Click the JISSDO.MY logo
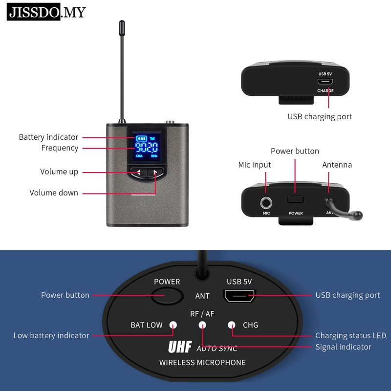46,12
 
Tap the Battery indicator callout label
48,137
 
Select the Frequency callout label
60,148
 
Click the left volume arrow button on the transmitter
138,172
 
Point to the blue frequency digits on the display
146,148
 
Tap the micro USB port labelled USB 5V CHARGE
325,82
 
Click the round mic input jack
266,200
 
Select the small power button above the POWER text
296,199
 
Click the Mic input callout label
254,165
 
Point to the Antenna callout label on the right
337,165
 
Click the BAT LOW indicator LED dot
173,325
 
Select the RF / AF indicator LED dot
202,325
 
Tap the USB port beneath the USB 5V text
239,295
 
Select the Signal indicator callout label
343,347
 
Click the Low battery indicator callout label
51,335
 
